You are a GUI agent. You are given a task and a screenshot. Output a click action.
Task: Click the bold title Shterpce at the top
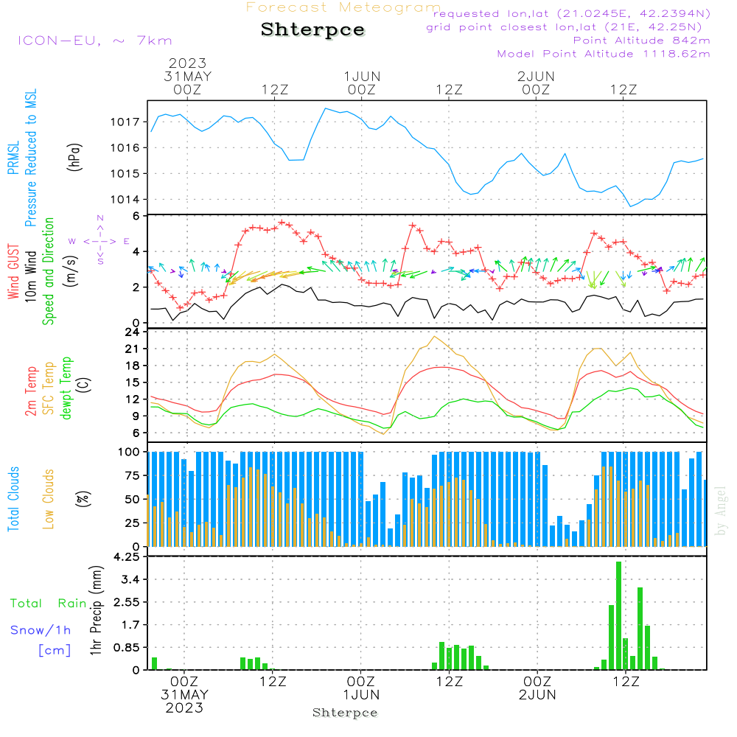pyautogui.click(x=312, y=30)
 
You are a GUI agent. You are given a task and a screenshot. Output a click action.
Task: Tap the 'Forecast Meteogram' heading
pyautogui.click(x=343, y=7)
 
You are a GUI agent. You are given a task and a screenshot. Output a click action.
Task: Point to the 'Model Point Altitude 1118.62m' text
pyautogui.click(x=604, y=54)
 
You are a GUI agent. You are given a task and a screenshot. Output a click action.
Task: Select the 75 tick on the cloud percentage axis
pyautogui.click(x=135, y=475)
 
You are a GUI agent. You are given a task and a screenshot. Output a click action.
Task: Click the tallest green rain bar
pyautogui.click(x=619, y=615)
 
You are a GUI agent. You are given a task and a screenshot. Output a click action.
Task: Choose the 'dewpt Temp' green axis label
pyautogui.click(x=66, y=388)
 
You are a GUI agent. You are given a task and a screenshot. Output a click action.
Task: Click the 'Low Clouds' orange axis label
pyautogui.click(x=49, y=498)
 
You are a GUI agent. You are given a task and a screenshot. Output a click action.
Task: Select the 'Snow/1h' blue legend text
pyautogui.click(x=41, y=630)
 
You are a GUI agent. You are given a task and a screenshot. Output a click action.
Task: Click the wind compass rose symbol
pyautogui.click(x=100, y=240)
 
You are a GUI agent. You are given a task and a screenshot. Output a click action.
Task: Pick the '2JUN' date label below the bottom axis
pyautogui.click(x=537, y=695)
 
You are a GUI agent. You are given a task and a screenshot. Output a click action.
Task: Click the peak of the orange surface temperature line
pyautogui.click(x=435, y=337)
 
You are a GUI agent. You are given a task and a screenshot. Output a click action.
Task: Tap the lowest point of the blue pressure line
pyautogui.click(x=632, y=206)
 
